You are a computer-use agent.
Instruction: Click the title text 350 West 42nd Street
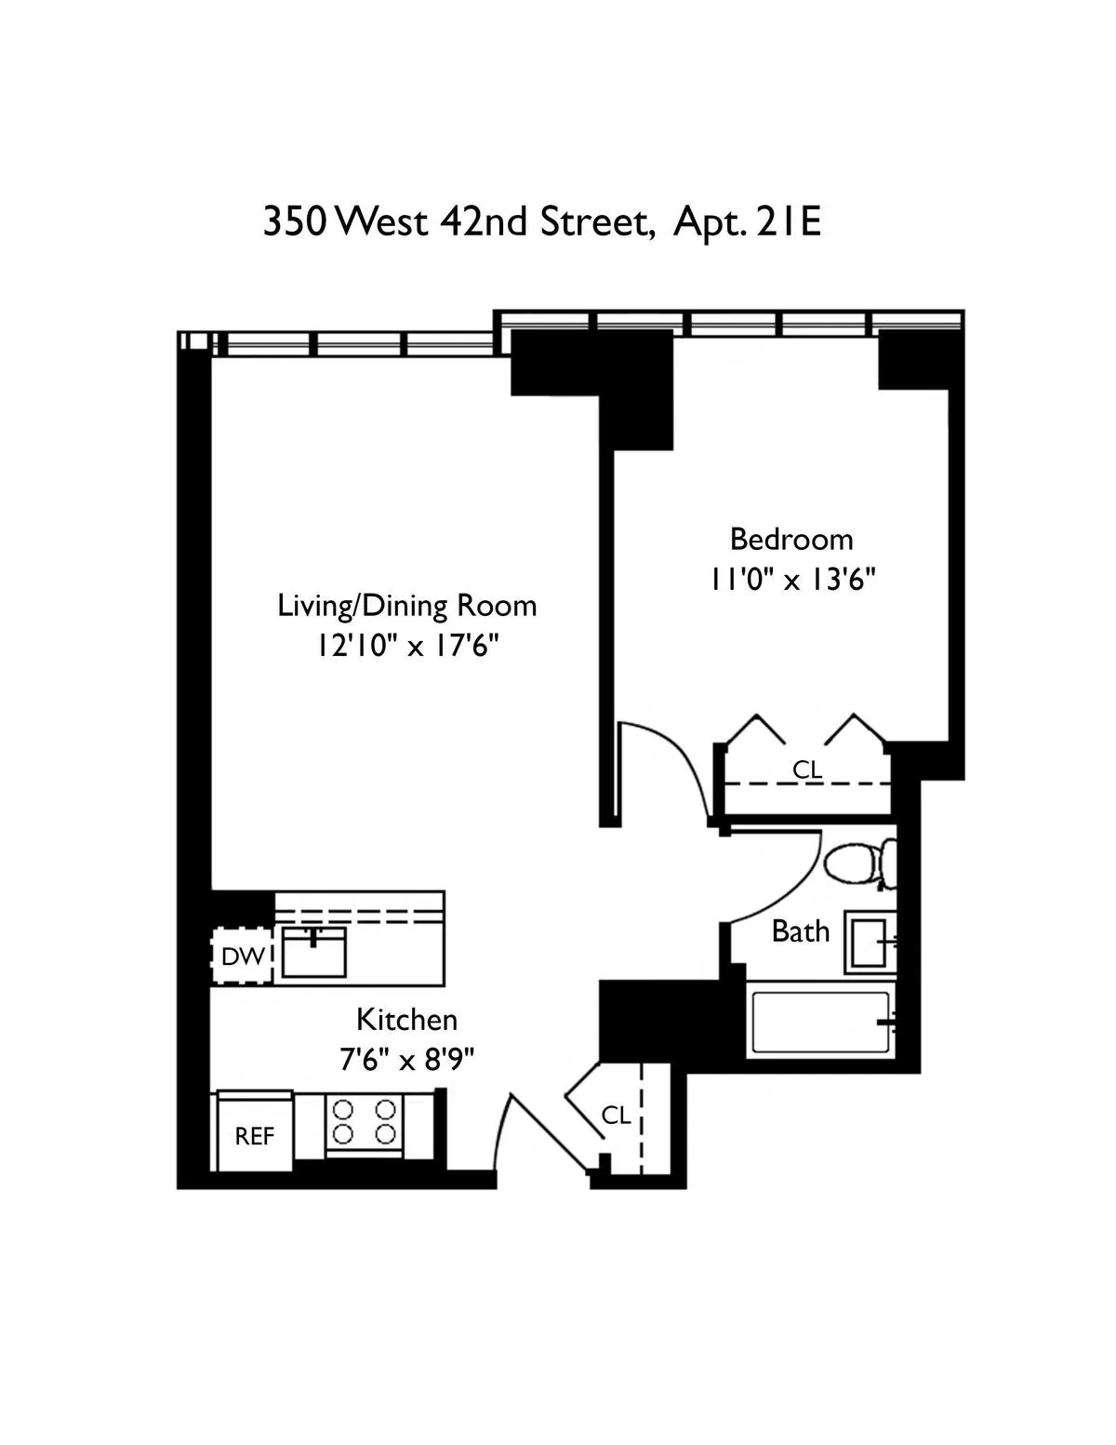click(456, 223)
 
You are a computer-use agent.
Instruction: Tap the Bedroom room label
click(790, 540)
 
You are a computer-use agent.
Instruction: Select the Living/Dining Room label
click(407, 606)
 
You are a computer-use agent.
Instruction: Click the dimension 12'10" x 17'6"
click(407, 646)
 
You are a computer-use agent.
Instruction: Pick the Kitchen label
click(407, 1020)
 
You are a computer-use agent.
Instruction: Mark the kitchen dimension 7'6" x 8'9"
click(407, 1060)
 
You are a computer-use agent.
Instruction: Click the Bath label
click(801, 931)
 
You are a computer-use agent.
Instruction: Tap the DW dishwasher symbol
click(244, 956)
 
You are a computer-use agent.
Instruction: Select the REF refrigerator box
click(254, 1136)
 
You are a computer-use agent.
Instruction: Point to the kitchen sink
click(313, 951)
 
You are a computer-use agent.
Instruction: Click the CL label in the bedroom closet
click(807, 770)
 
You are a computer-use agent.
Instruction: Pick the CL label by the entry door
click(616, 1115)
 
